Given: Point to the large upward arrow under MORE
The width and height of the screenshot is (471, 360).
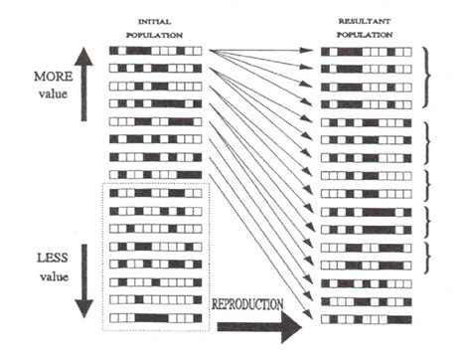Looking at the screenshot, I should click(x=86, y=90).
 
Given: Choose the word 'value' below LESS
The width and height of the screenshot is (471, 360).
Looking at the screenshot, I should click(x=51, y=271).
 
